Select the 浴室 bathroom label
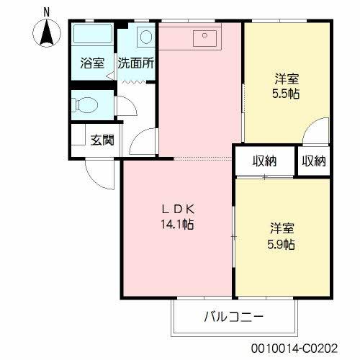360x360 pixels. tap(91, 63)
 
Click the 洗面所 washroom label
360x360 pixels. tap(137, 63)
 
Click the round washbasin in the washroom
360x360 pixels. tap(146, 37)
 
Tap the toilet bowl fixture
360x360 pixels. tap(86, 104)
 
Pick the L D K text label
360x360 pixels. tap(177, 210)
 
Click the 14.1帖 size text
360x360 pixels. tap(177, 224)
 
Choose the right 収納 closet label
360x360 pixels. tap(313, 161)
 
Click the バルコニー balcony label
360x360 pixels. tap(234, 316)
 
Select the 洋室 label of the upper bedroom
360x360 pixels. tap(286, 78)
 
